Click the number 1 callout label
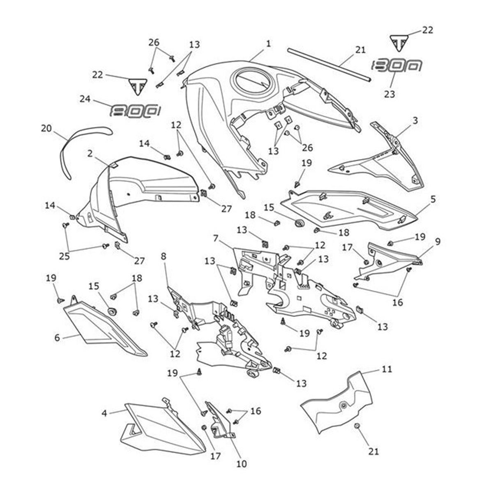268,43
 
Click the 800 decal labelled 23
397,66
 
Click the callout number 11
387,369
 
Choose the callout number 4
104,412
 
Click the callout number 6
57,338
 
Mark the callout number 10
242,464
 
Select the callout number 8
164,257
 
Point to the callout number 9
438,242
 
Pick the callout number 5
433,199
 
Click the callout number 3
415,121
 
